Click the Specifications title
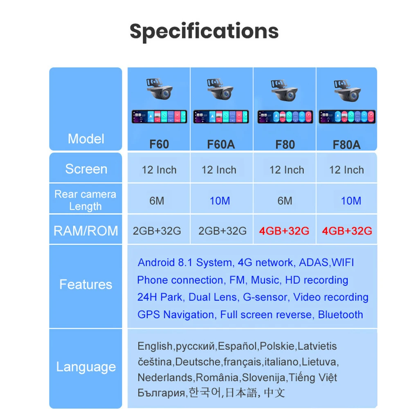[x=204, y=31]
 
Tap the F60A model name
[x=221, y=144]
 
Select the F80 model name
[x=285, y=144]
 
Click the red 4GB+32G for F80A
[x=347, y=231]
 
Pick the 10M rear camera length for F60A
[x=220, y=201]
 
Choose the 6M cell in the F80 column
[x=285, y=201]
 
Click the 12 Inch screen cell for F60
[x=159, y=170]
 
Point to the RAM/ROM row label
[x=86, y=231]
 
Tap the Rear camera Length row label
[x=85, y=200]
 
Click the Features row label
[x=86, y=284]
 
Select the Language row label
[x=86, y=367]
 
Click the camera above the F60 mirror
[x=159, y=90]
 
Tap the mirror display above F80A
[x=347, y=117]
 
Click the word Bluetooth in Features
[x=340, y=315]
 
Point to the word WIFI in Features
[x=343, y=263]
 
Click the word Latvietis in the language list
[x=317, y=346]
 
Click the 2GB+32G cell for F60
[x=157, y=231]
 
